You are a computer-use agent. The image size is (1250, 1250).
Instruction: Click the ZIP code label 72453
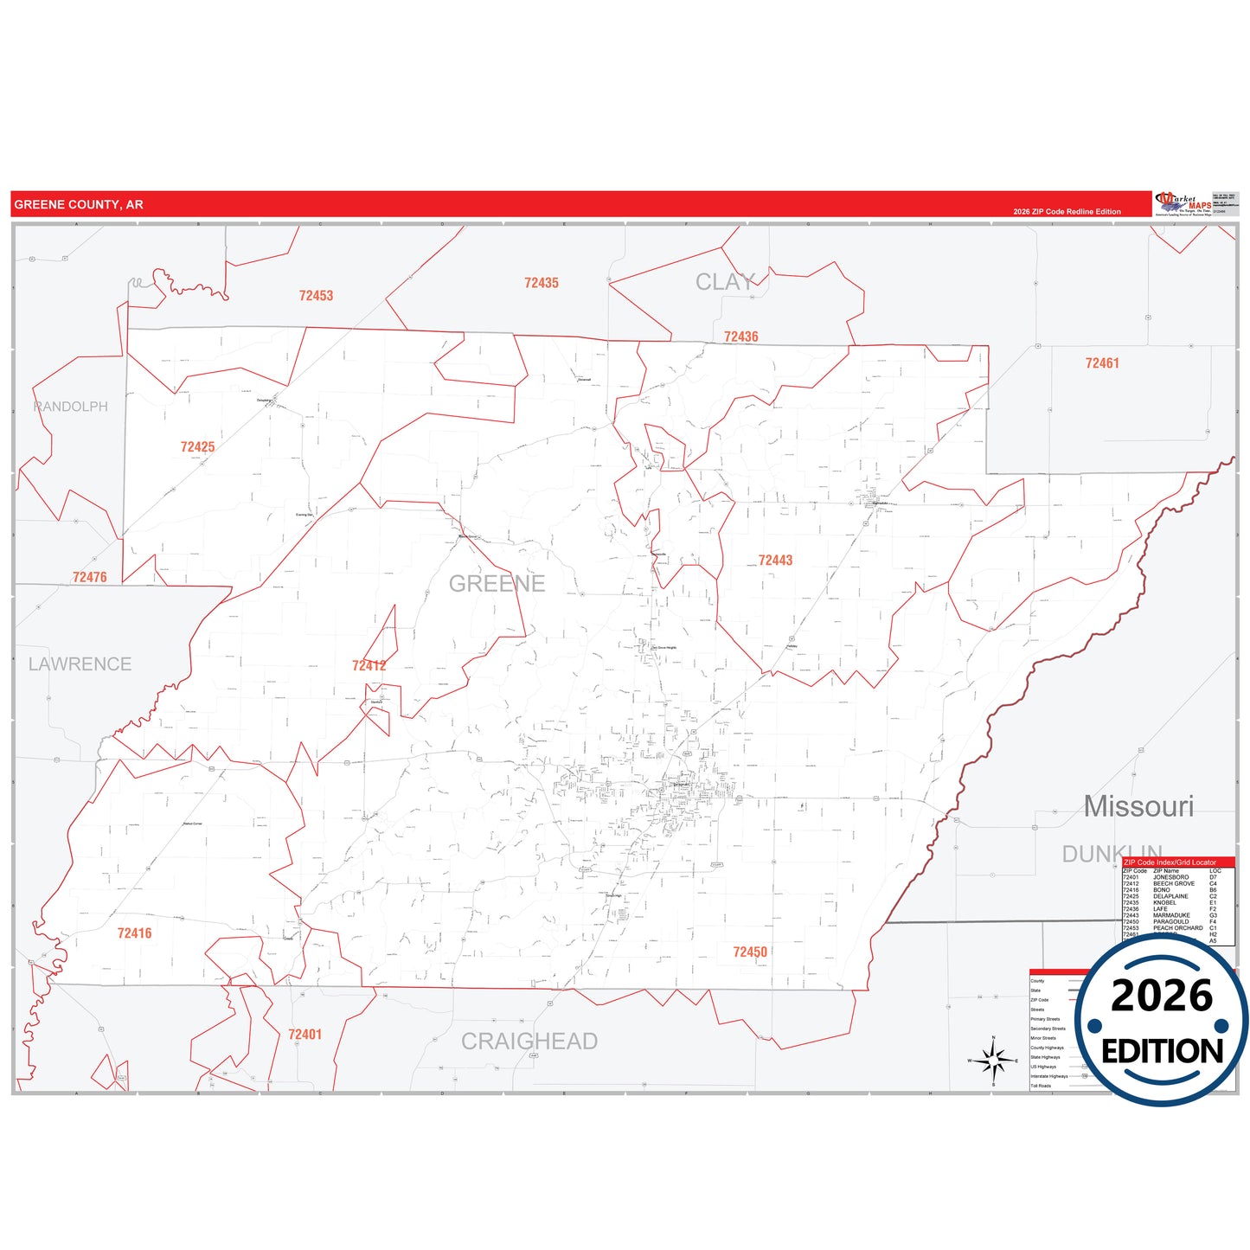coord(316,296)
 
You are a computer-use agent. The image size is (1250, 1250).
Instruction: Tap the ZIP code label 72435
coord(542,283)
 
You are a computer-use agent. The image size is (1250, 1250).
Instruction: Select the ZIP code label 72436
coord(740,337)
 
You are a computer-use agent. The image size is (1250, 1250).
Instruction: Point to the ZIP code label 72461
coord(1102,363)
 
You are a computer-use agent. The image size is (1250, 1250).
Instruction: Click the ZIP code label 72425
coord(197,447)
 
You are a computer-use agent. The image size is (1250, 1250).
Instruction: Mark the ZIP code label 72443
coord(775,561)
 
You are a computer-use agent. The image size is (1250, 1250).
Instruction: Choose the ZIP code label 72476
coord(90,577)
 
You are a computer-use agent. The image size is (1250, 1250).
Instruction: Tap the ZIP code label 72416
coord(134,933)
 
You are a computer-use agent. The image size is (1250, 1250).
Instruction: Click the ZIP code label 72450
coord(750,952)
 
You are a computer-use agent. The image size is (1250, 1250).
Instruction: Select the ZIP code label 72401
coord(304,1035)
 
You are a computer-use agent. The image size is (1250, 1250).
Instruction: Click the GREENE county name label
coord(497,584)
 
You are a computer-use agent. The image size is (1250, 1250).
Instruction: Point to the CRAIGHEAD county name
coord(529,1042)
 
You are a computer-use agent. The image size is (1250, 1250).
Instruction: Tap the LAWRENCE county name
coord(80,664)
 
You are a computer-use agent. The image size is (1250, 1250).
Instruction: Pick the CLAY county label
coord(725,282)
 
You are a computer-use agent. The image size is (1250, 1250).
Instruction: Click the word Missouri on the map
coord(1138,806)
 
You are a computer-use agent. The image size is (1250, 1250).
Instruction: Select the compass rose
coord(993,1060)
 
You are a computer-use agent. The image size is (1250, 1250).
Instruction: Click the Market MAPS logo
coord(1184,204)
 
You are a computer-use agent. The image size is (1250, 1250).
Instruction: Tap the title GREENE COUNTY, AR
coord(79,205)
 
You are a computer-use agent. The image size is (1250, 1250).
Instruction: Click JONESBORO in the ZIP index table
coord(1170,877)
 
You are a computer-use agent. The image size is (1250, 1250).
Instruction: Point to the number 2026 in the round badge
coord(1162,996)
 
